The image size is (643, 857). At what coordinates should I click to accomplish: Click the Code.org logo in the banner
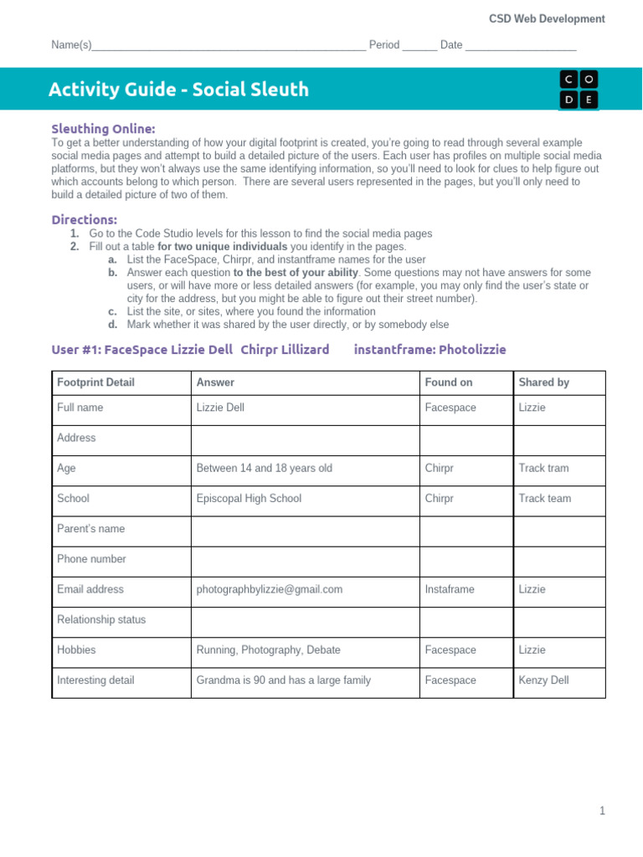tap(579, 90)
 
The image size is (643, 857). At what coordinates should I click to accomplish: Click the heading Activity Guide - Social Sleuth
tap(178, 90)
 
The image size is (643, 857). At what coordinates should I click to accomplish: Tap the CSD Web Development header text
tap(547, 18)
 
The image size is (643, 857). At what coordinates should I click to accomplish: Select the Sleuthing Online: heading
tap(103, 129)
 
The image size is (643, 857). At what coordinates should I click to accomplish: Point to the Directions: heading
tap(85, 219)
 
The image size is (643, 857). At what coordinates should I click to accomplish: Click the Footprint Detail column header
tap(95, 382)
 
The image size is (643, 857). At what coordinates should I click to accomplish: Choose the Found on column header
tap(449, 382)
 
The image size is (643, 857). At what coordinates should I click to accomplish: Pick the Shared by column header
tap(543, 382)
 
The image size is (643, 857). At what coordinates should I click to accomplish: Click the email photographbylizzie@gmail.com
tap(269, 589)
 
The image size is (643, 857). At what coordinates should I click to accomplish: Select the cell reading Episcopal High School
tap(249, 498)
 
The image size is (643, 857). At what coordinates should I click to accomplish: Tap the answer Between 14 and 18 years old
tap(264, 468)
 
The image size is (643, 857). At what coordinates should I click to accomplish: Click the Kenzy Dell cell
tap(543, 680)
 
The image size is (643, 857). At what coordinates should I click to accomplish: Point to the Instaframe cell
tap(450, 589)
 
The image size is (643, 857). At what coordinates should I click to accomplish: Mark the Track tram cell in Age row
tap(543, 468)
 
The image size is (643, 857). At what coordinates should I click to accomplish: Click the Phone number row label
tap(91, 559)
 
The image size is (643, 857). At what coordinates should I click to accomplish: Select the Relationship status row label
tap(100, 620)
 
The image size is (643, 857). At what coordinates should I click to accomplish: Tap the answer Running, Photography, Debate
tap(268, 650)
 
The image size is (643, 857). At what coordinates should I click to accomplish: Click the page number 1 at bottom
tap(601, 811)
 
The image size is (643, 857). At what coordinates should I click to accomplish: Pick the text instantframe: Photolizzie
tap(430, 349)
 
